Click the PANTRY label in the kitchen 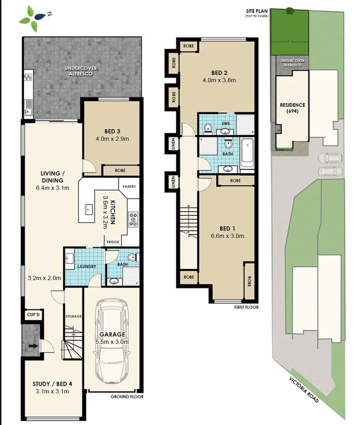tap(130, 186)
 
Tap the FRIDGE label tap(113, 242)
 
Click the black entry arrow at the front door tap(33, 346)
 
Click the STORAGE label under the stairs tap(73, 316)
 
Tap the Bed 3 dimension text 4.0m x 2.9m tap(112, 139)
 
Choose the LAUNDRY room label tap(87, 266)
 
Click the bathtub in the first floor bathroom tap(247, 153)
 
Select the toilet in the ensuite tap(208, 129)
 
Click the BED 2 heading tap(220, 73)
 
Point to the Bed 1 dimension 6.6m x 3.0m tap(227, 236)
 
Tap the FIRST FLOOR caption tap(247, 307)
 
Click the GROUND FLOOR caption tap(127, 396)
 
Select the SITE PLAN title tap(256, 11)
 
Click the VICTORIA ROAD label tap(304, 390)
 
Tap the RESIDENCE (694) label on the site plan tap(292, 108)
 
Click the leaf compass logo tap(34, 18)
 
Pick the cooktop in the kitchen tap(133, 220)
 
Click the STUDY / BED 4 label tap(53, 384)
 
